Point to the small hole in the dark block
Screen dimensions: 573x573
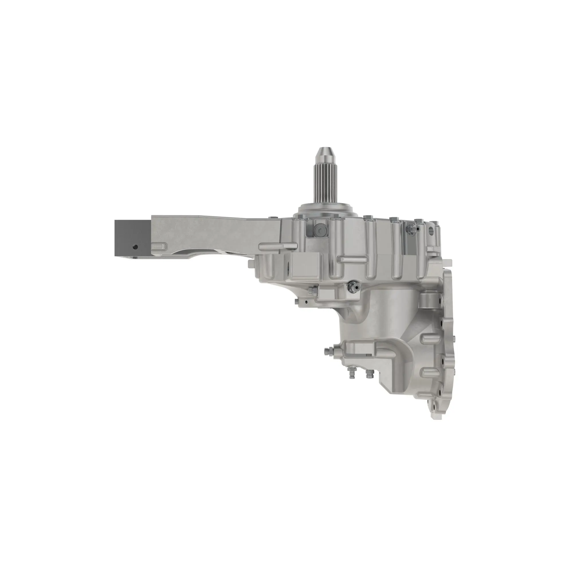coord(136,247)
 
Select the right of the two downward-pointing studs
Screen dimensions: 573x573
coord(369,374)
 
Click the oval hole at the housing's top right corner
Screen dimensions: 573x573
coord(433,229)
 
